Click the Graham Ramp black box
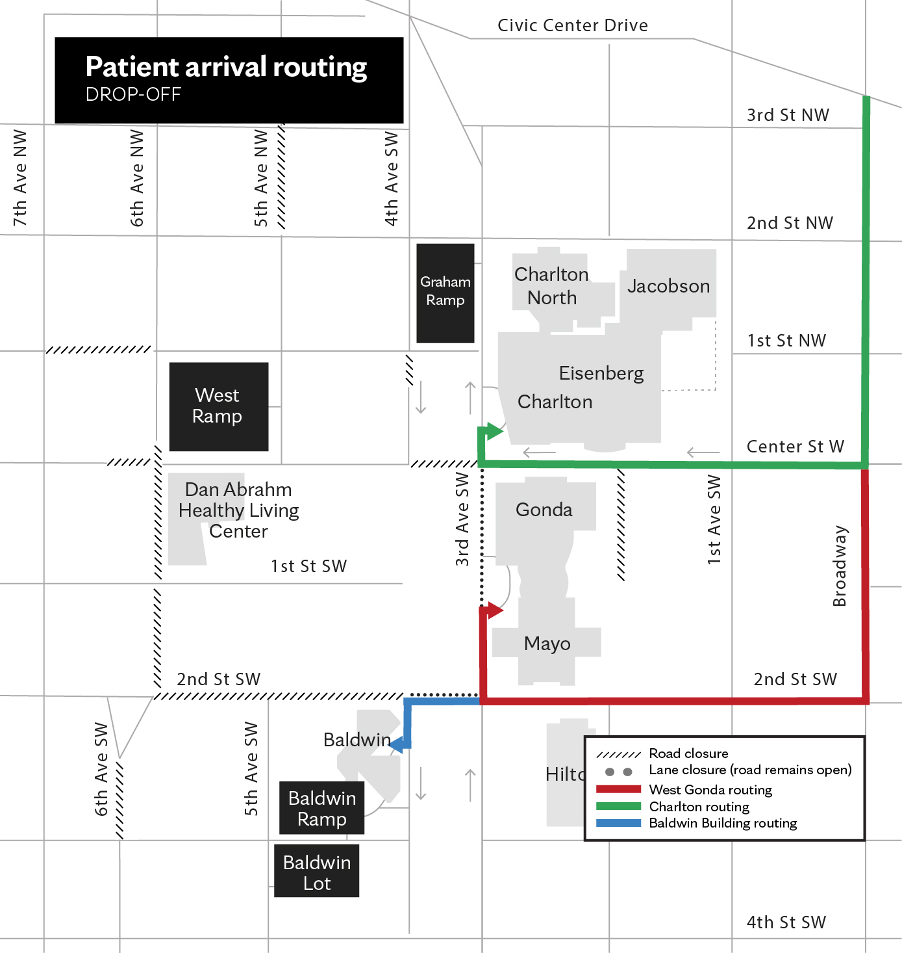click(445, 293)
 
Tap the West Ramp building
click(218, 406)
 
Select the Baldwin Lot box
click(316, 870)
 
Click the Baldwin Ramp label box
click(321, 807)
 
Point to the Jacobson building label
click(668, 285)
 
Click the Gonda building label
click(544, 510)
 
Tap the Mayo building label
click(547, 644)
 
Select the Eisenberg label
click(601, 373)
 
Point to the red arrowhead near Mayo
click(495, 610)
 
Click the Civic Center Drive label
click(573, 25)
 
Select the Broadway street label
click(839, 566)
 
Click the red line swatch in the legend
click(618, 789)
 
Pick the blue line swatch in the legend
click(618, 822)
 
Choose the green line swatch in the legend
click(618, 805)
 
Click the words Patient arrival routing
click(226, 67)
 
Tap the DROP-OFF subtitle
click(133, 94)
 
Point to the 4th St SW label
click(786, 922)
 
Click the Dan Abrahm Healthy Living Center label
click(238, 510)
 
